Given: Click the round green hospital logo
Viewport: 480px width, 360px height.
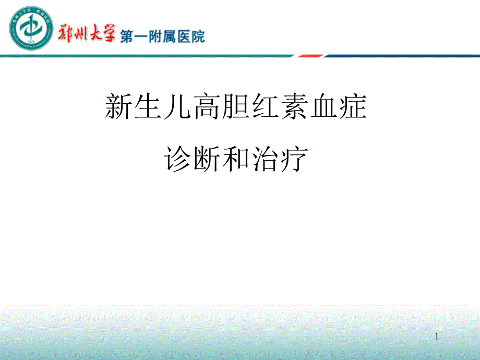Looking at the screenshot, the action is click(31, 28).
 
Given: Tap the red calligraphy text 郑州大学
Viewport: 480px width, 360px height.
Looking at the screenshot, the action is click(87, 33).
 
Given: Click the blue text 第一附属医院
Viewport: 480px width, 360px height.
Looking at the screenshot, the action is click(162, 37).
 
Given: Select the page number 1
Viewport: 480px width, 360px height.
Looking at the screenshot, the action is click(437, 337).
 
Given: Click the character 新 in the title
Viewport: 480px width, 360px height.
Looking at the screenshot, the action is click(118, 106).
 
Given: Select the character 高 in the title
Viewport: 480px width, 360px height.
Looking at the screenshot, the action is click(206, 106).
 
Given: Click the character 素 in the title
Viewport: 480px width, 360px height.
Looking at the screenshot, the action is click(294, 106).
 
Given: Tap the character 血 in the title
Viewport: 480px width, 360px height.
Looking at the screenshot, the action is click(324, 106).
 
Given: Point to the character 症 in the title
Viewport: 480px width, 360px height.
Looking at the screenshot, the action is click(353, 106).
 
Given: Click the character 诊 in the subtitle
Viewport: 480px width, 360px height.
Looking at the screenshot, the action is click(177, 159).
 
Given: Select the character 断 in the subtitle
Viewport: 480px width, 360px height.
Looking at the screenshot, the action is click(207, 159).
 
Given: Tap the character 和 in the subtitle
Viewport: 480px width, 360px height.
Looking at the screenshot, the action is click(236, 159).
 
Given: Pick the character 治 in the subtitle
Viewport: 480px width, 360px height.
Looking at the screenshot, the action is click(265, 159).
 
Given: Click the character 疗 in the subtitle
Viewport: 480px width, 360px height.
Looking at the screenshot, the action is click(294, 159).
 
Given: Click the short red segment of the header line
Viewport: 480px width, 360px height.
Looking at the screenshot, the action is click(310, 56).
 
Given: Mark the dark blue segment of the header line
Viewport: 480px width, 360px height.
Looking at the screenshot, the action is click(402, 56).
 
